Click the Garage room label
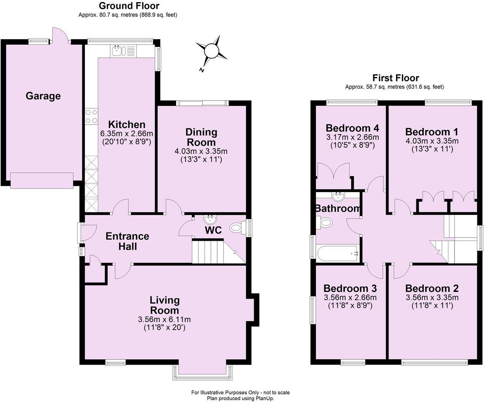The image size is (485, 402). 43,96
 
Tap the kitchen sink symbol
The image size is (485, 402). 118,50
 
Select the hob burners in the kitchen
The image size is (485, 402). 91,116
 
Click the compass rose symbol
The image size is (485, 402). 211,51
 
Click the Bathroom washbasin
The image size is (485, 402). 338,197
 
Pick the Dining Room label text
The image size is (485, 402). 201,137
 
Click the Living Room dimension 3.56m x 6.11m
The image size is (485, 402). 165,319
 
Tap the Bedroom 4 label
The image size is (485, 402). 352,128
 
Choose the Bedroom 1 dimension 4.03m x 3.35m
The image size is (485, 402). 432,141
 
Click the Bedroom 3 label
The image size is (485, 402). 350,288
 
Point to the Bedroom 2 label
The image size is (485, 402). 432,288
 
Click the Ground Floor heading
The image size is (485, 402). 129,6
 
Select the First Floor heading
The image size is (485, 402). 395,78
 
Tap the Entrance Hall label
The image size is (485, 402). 127,241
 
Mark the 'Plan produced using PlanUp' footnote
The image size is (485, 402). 240,398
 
